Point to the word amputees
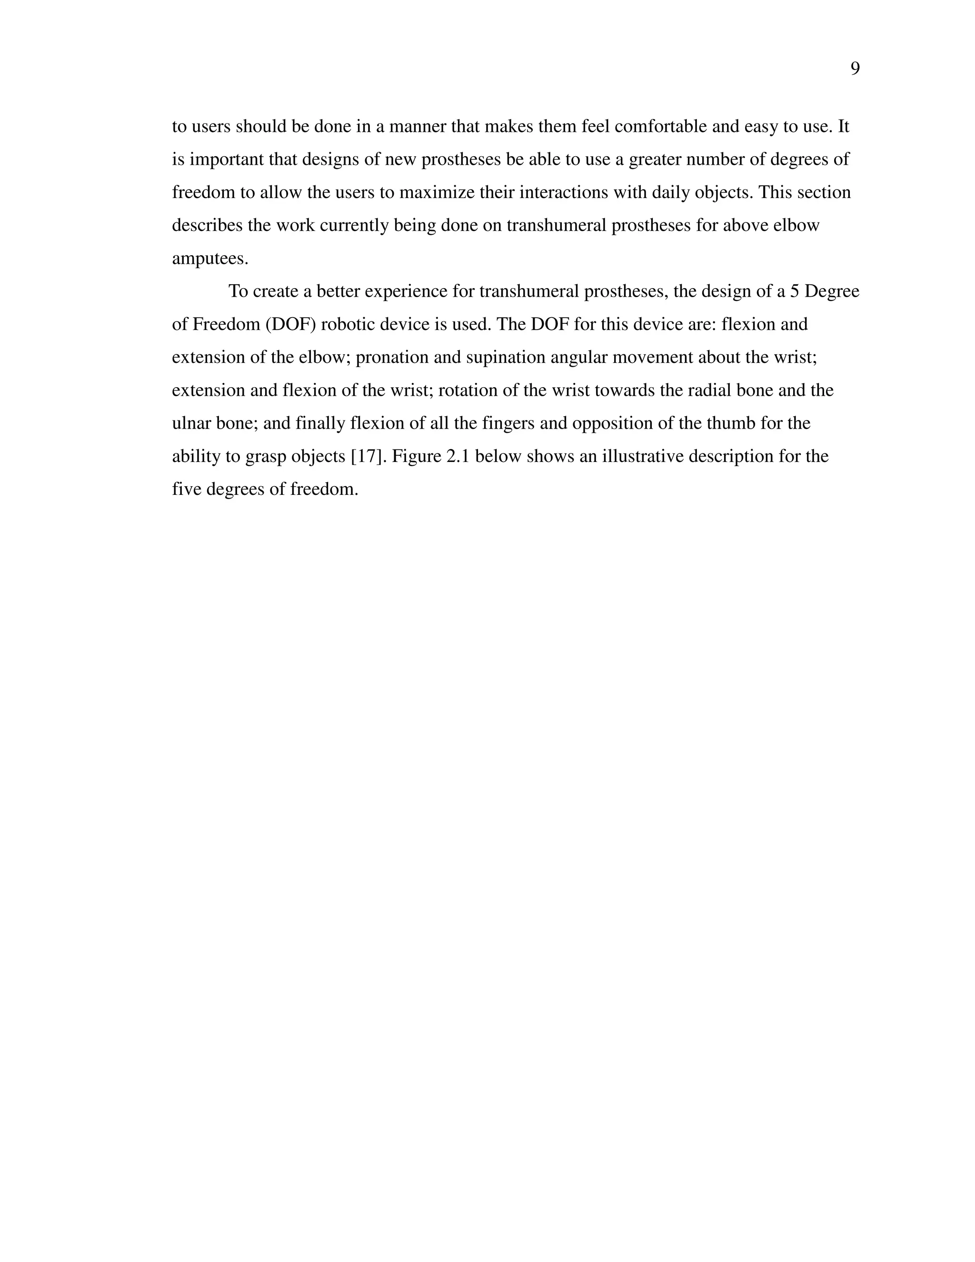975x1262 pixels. pyautogui.click(x=209, y=258)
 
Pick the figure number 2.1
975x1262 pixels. pyautogui.click(x=458, y=457)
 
